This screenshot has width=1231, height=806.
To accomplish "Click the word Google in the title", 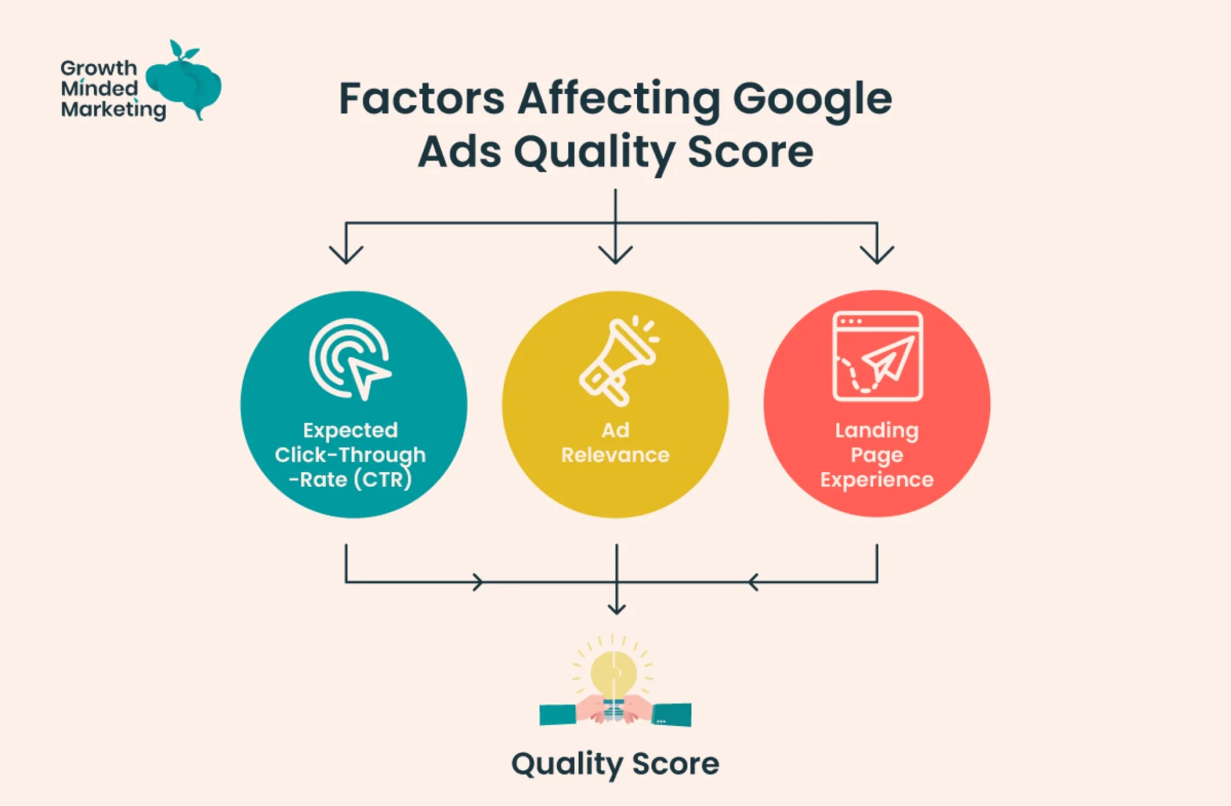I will pos(812,100).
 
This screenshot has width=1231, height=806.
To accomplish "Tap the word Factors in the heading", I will pos(421,99).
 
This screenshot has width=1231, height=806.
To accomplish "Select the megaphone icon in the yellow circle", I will pos(617,360).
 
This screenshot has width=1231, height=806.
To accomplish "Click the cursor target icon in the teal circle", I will pos(350,359).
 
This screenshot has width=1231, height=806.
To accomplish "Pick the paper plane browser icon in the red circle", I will pos(877,356).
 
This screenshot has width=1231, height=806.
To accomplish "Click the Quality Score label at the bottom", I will pos(615,764).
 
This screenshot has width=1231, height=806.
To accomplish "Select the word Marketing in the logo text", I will pos(113,110).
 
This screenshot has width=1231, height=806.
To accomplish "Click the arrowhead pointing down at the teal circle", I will pos(346,255).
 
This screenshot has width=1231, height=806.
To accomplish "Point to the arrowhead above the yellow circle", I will pos(615,255).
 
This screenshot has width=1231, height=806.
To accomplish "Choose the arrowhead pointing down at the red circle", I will pos(877,255).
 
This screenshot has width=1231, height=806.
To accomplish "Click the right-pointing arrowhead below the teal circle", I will pos(478,582).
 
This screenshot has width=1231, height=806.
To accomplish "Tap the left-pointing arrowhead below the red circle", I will pos(753,582).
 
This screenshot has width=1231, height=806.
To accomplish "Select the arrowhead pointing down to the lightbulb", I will pos(617,607).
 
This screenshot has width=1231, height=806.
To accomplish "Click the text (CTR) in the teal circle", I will pos(383,479).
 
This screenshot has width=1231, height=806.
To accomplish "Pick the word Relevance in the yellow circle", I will pos(615,455).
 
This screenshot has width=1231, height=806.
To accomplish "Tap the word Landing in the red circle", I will pos(876,430).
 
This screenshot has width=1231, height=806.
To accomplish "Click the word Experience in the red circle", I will pos(876,480).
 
